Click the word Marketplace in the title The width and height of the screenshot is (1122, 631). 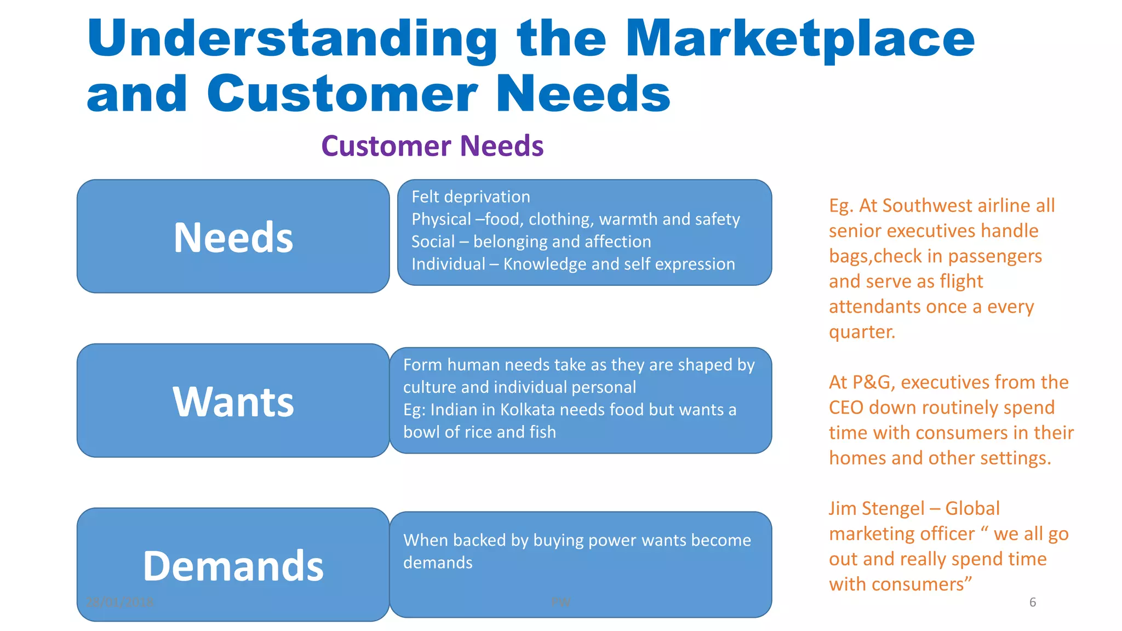pyautogui.click(x=800, y=39)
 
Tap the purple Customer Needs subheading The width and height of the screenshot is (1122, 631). pyautogui.click(x=432, y=146)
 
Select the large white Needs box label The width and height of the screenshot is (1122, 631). pyautogui.click(x=233, y=238)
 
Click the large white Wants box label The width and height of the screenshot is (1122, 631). pyautogui.click(x=233, y=402)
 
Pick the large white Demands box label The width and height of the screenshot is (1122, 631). pyautogui.click(x=233, y=566)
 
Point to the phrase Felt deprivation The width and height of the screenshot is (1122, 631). pyautogui.click(x=471, y=197)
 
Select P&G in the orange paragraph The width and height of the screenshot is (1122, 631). pyautogui.click(x=872, y=382)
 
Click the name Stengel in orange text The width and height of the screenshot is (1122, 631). pyautogui.click(x=893, y=508)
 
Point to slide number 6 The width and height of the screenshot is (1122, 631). pyautogui.click(x=1032, y=602)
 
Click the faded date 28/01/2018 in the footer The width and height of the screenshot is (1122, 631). pyautogui.click(x=120, y=602)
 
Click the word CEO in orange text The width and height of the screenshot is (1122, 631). pyautogui.click(x=846, y=408)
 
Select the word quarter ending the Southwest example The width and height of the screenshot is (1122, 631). pyautogui.click(x=861, y=332)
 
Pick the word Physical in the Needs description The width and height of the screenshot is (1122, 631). pyautogui.click(x=441, y=219)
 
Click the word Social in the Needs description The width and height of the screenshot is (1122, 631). pyautogui.click(x=433, y=242)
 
